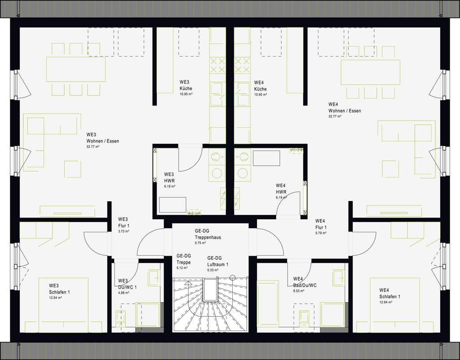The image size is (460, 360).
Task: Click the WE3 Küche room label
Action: point(185,85)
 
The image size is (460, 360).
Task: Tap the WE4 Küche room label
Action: point(260,86)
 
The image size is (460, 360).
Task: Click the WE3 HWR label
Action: point(169,177)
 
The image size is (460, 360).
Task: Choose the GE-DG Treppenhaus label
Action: point(208,234)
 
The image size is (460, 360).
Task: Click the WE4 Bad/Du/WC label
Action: point(305,282)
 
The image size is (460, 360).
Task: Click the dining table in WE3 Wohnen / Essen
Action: point(75,69)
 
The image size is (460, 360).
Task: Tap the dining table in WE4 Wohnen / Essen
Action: point(370,72)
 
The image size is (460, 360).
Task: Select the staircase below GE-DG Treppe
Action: point(210,306)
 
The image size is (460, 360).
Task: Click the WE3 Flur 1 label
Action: point(124,222)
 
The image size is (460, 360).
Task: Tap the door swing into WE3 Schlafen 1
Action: point(96,243)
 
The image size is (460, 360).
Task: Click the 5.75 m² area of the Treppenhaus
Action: point(200,243)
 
